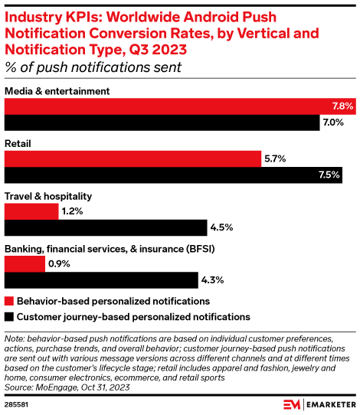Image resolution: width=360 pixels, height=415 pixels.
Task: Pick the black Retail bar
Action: point(173,175)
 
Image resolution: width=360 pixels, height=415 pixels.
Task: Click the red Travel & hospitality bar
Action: point(31,211)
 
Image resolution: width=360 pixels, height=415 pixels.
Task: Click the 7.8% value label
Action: point(342,106)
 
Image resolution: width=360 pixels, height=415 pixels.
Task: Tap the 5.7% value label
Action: point(275,158)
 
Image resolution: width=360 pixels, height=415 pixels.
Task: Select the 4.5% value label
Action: point(221,227)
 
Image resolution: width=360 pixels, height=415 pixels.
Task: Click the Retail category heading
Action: point(18,142)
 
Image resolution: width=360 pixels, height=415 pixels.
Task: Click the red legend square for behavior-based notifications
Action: point(9,302)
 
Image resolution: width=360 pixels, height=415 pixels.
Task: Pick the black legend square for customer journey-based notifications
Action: point(9,316)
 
